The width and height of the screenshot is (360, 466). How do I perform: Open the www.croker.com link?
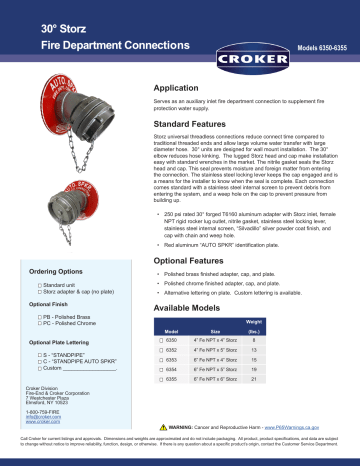[45, 422]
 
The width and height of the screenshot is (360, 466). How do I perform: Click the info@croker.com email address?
[46, 416]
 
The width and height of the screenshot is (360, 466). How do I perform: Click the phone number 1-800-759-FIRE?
[47, 410]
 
